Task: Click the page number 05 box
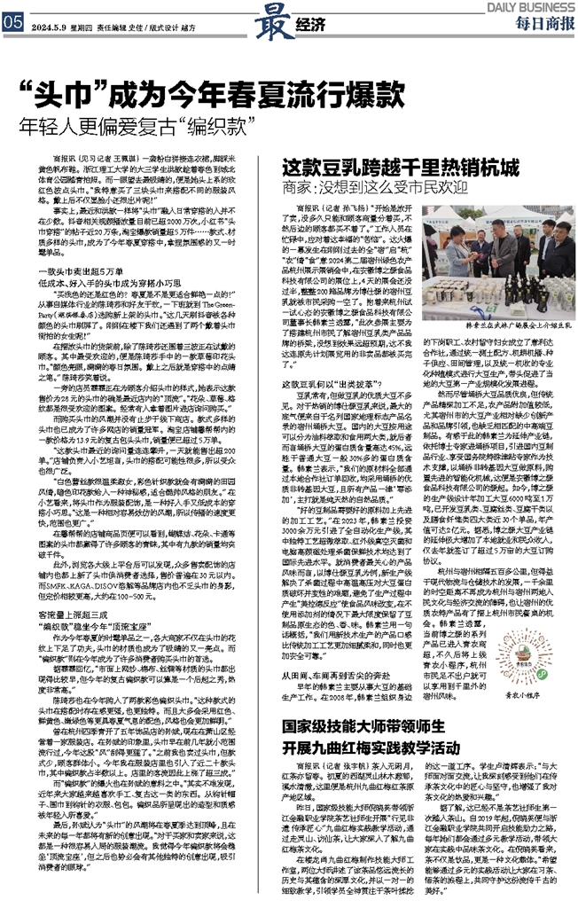coord(12,25)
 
